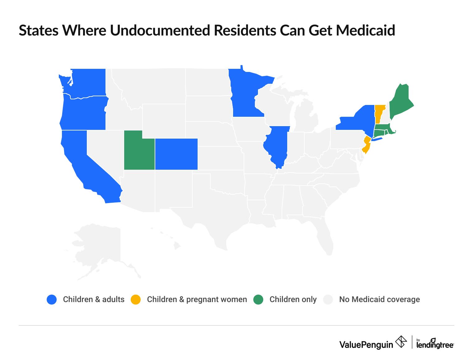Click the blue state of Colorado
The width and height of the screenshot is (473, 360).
click(x=176, y=154)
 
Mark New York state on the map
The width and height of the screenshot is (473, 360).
click(x=358, y=120)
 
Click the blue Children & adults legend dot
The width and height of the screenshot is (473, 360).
click(x=52, y=300)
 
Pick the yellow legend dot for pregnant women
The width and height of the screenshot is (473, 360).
click(x=136, y=300)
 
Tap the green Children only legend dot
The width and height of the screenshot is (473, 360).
click(x=258, y=300)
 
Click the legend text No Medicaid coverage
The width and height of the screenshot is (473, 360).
click(x=379, y=300)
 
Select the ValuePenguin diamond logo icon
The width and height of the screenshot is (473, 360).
click(x=401, y=342)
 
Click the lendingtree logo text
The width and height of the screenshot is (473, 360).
click(x=435, y=344)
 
